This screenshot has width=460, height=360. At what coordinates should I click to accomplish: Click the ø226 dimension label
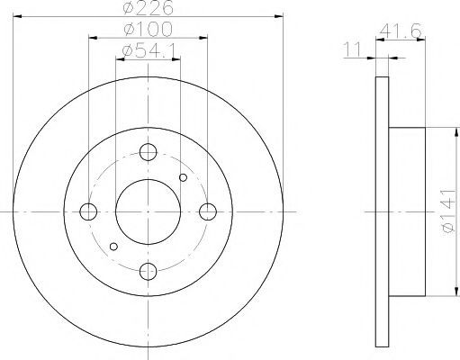click(149, 7)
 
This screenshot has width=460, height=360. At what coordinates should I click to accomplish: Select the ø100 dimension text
click(149, 29)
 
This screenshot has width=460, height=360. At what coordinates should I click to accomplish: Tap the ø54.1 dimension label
click(149, 50)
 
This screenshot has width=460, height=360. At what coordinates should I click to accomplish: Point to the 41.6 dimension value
click(401, 31)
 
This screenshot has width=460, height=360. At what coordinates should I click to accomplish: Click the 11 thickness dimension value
click(353, 49)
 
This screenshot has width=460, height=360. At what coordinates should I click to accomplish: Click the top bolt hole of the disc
click(149, 152)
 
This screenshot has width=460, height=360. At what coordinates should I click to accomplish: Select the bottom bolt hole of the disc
click(149, 272)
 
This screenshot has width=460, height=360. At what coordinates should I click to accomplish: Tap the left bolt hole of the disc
click(88, 211)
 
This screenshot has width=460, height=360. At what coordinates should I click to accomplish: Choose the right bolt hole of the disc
click(208, 211)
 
